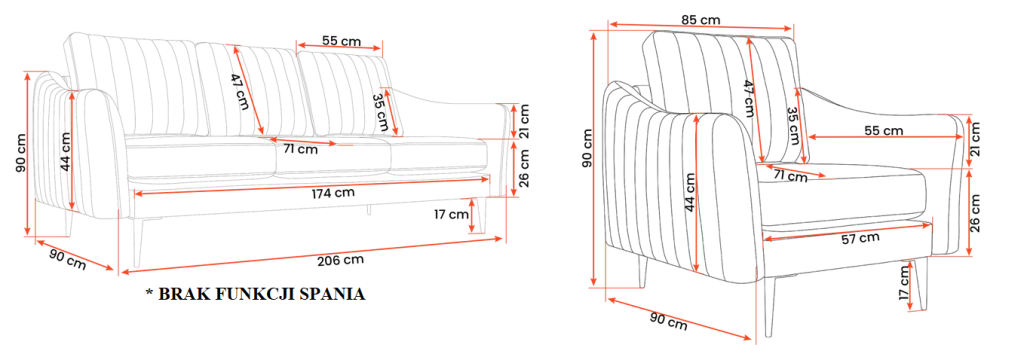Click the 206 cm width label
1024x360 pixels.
click(340, 259)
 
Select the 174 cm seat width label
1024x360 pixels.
click(331, 193)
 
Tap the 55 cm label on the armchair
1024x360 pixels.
click(884, 131)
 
